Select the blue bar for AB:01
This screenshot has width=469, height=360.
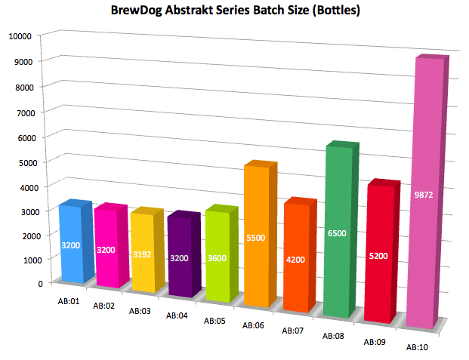click(x=76, y=242)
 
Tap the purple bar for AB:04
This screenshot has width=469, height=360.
click(x=184, y=254)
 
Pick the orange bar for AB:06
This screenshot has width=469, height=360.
click(x=261, y=234)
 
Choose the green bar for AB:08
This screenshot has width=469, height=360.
click(x=341, y=229)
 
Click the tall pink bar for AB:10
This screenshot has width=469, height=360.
click(x=427, y=192)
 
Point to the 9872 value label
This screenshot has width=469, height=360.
click(x=423, y=195)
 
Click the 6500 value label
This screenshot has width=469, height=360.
click(x=337, y=233)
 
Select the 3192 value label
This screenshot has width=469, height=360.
click(x=142, y=254)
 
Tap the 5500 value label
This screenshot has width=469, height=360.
click(x=256, y=238)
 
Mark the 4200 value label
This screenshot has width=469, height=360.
click(x=295, y=260)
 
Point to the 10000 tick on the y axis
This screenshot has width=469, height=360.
click(x=20, y=36)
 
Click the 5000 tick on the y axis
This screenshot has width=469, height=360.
click(x=26, y=163)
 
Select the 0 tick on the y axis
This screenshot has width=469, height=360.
click(x=41, y=284)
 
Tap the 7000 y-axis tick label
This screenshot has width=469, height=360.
click(x=26, y=113)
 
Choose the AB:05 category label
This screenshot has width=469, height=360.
click(x=214, y=321)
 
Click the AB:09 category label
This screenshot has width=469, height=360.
click(x=375, y=342)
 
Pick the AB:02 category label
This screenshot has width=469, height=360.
click(x=103, y=306)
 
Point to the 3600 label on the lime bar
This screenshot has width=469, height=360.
click(x=218, y=258)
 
